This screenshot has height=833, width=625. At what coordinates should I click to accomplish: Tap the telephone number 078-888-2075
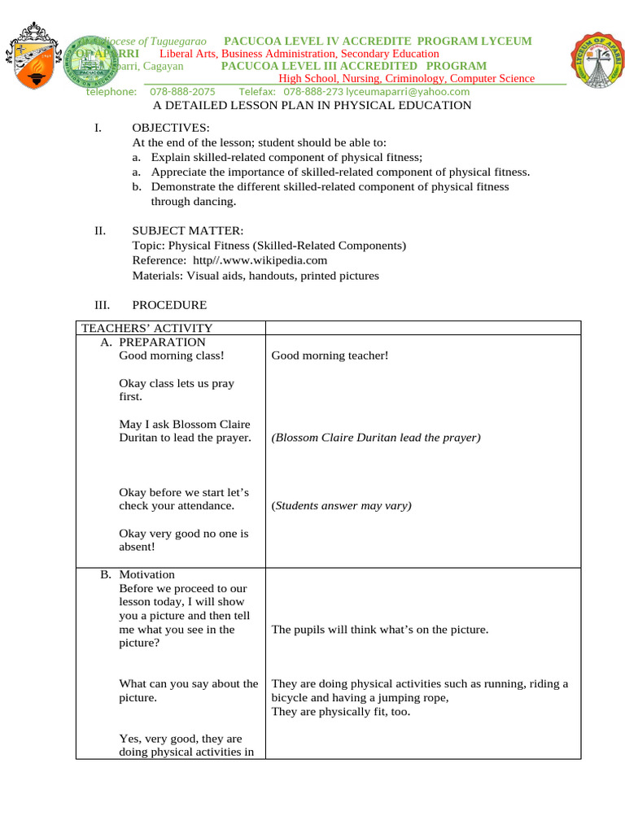point(182,92)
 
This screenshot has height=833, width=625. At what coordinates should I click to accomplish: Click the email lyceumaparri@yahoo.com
point(389,92)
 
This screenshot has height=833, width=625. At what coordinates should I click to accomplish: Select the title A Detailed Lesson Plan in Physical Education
point(312,106)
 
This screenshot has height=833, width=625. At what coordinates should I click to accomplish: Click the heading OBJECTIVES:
point(170,129)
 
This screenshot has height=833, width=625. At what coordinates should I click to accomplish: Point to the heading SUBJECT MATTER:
point(187,231)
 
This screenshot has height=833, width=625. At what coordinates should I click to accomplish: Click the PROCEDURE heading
point(169,305)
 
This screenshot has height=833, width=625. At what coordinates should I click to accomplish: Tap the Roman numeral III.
point(103,305)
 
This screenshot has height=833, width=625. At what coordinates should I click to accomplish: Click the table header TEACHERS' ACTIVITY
point(146,328)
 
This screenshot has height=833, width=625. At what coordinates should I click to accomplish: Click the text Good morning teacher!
point(330,355)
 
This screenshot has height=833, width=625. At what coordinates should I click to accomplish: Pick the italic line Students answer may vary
point(341,506)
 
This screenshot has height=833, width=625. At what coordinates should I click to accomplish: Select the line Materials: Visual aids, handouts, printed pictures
point(256,275)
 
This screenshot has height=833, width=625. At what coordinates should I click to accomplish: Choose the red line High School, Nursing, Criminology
point(407,79)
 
